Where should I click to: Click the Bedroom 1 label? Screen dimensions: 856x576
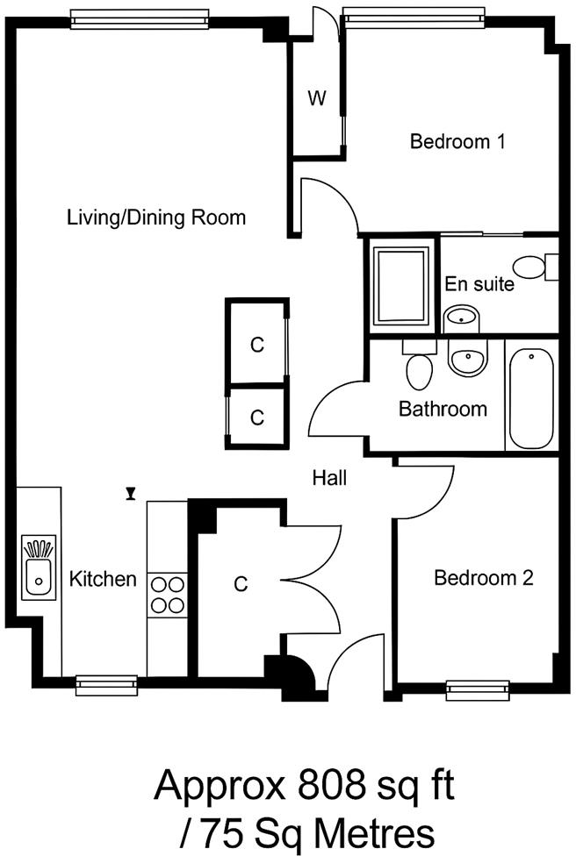457,140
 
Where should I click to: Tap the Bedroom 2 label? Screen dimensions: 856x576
484,578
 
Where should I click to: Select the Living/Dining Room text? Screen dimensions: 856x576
156,218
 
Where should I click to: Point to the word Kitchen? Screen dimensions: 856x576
103,579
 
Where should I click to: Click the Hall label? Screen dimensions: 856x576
329,478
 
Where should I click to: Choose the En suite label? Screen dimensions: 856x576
479,284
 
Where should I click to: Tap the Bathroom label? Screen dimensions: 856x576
443,409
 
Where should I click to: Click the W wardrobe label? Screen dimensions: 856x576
316,98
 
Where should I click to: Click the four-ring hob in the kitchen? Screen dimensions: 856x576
167,595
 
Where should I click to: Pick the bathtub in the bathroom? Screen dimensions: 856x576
530,398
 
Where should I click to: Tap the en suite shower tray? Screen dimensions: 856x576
401,286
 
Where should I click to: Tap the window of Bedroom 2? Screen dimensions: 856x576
478,689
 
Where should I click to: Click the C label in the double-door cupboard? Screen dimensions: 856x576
241,583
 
